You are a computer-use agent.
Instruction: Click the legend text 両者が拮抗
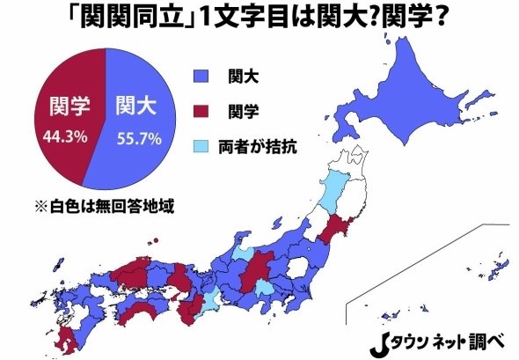[x=257, y=146]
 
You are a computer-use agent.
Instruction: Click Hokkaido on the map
[x=413, y=88]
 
